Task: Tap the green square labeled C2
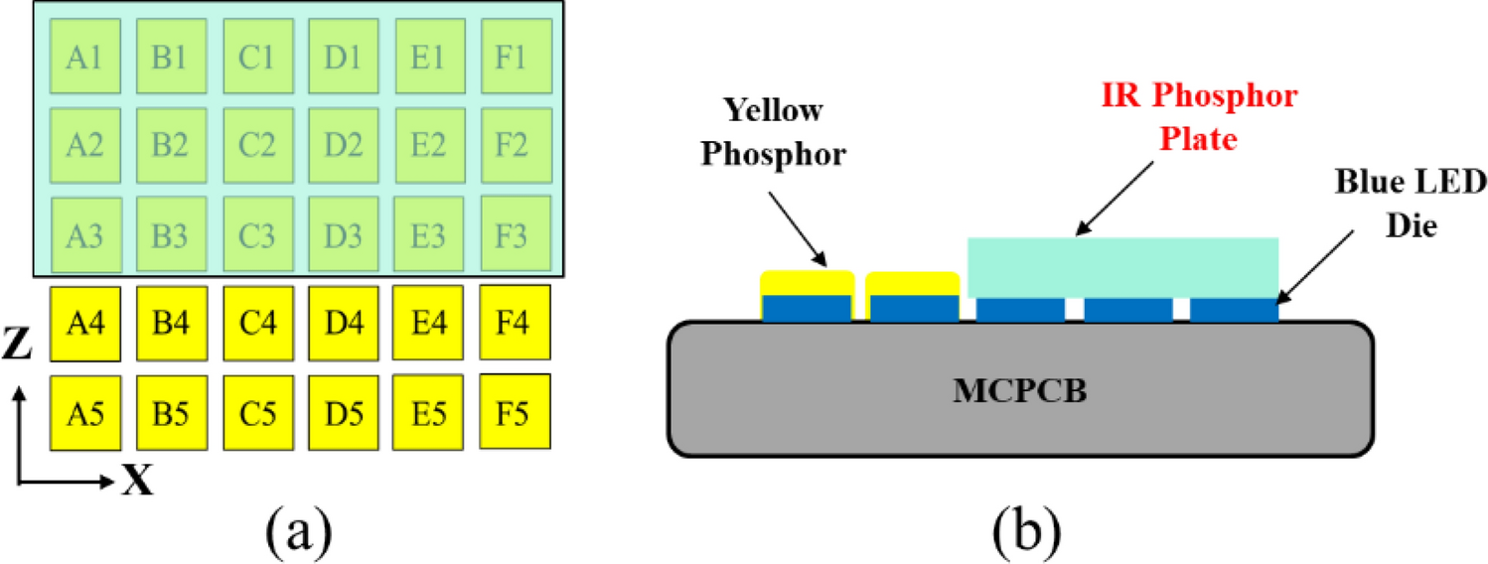pos(256,144)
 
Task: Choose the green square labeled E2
pos(428,144)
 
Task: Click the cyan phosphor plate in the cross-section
pos(1122,267)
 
